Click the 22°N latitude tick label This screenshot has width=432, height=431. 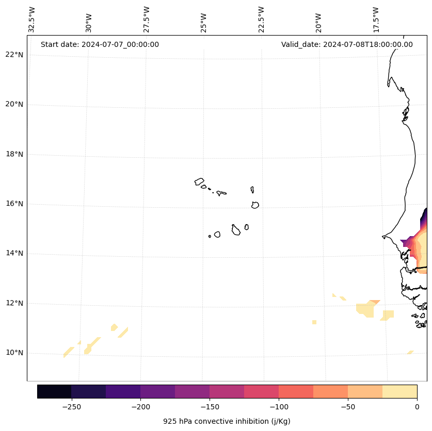pyautogui.click(x=14, y=55)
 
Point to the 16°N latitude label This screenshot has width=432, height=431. pyautogui.click(x=14, y=204)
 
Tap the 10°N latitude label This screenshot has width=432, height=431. pyautogui.click(x=14, y=353)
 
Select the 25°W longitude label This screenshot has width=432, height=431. pyautogui.click(x=204, y=20)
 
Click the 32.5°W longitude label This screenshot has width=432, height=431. pyautogui.click(x=32, y=20)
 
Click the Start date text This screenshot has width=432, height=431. pyautogui.click(x=100, y=44)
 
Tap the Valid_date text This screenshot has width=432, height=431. pyautogui.click(x=347, y=44)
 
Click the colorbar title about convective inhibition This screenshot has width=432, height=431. pyautogui.click(x=227, y=421)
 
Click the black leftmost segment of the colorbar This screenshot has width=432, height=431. pyautogui.click(x=54, y=391)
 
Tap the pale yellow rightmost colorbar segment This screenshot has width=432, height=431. pyautogui.click(x=399, y=391)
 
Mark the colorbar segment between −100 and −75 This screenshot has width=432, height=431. pyautogui.click(x=296, y=391)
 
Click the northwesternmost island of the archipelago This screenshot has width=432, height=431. pyautogui.click(x=199, y=181)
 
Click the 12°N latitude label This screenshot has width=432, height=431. pyautogui.click(x=14, y=303)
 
